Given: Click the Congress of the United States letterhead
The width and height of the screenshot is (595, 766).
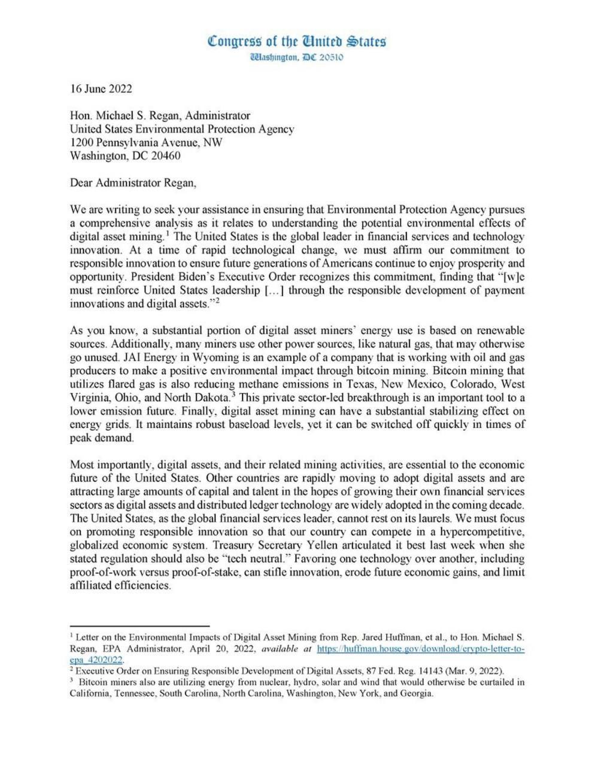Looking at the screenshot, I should click(297, 41).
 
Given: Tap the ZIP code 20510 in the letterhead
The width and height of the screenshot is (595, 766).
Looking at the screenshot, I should click(329, 57).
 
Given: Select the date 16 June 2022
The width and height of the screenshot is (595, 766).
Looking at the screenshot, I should click(101, 89).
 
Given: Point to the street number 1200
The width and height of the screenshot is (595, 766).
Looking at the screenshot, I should click(83, 142).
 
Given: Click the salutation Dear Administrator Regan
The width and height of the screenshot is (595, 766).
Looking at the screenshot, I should click(133, 183).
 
